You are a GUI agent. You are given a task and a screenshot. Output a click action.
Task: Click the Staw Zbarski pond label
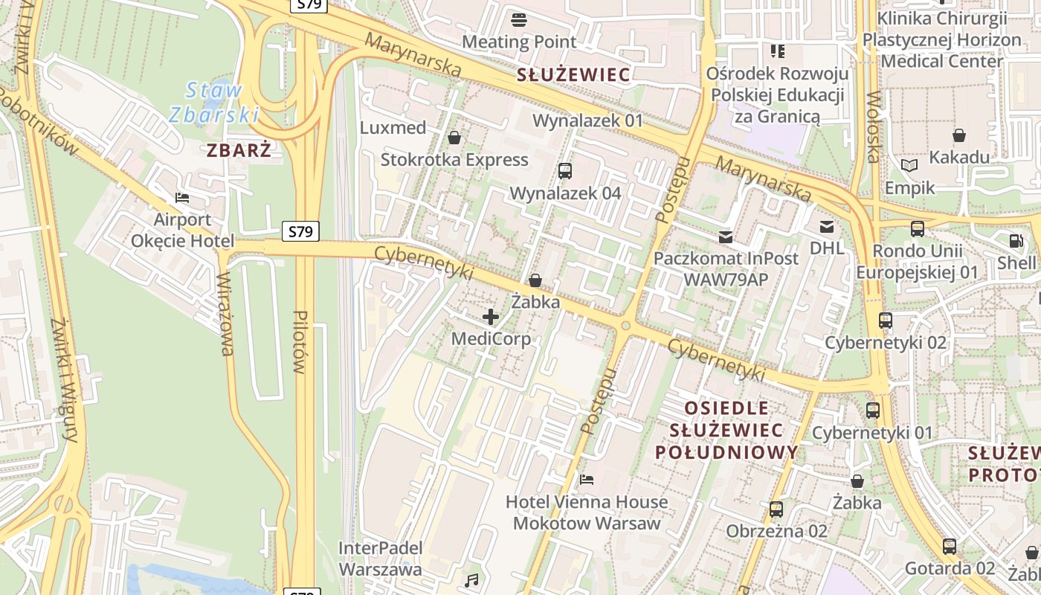pos(213,103)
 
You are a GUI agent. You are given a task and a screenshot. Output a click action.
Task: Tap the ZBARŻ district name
pos(238,150)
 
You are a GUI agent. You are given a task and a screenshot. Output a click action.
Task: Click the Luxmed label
pos(393,128)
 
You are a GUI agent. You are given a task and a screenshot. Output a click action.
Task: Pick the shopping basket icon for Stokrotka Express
pos(454,138)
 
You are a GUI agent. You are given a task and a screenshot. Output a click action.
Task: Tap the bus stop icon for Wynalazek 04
pos(564,171)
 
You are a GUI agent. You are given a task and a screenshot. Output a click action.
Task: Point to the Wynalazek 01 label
pos(587,120)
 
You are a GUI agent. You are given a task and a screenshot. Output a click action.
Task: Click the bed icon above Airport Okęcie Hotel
pos(182,198)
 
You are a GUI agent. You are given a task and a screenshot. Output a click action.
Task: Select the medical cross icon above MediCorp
pos(491,318)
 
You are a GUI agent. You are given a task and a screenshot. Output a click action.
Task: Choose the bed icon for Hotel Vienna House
pos(587,480)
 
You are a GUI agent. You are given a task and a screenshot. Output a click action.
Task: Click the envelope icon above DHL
pos(827,227)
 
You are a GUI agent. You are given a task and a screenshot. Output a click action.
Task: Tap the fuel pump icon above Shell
pos(1016,241)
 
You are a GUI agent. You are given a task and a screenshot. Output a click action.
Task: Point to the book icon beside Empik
pos(909,165)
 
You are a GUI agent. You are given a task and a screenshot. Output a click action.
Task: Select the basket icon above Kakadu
pos(959,135)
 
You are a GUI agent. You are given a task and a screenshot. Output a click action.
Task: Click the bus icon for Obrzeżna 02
pos(776,509)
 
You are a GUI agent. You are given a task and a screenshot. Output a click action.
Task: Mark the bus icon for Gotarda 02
pos(950,547)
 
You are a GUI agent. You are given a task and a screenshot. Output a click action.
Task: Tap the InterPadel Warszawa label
pos(380,559)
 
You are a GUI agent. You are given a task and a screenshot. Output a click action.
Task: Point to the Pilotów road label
pos(300,341)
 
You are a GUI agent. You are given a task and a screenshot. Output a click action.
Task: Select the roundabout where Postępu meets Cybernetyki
pos(626,326)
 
